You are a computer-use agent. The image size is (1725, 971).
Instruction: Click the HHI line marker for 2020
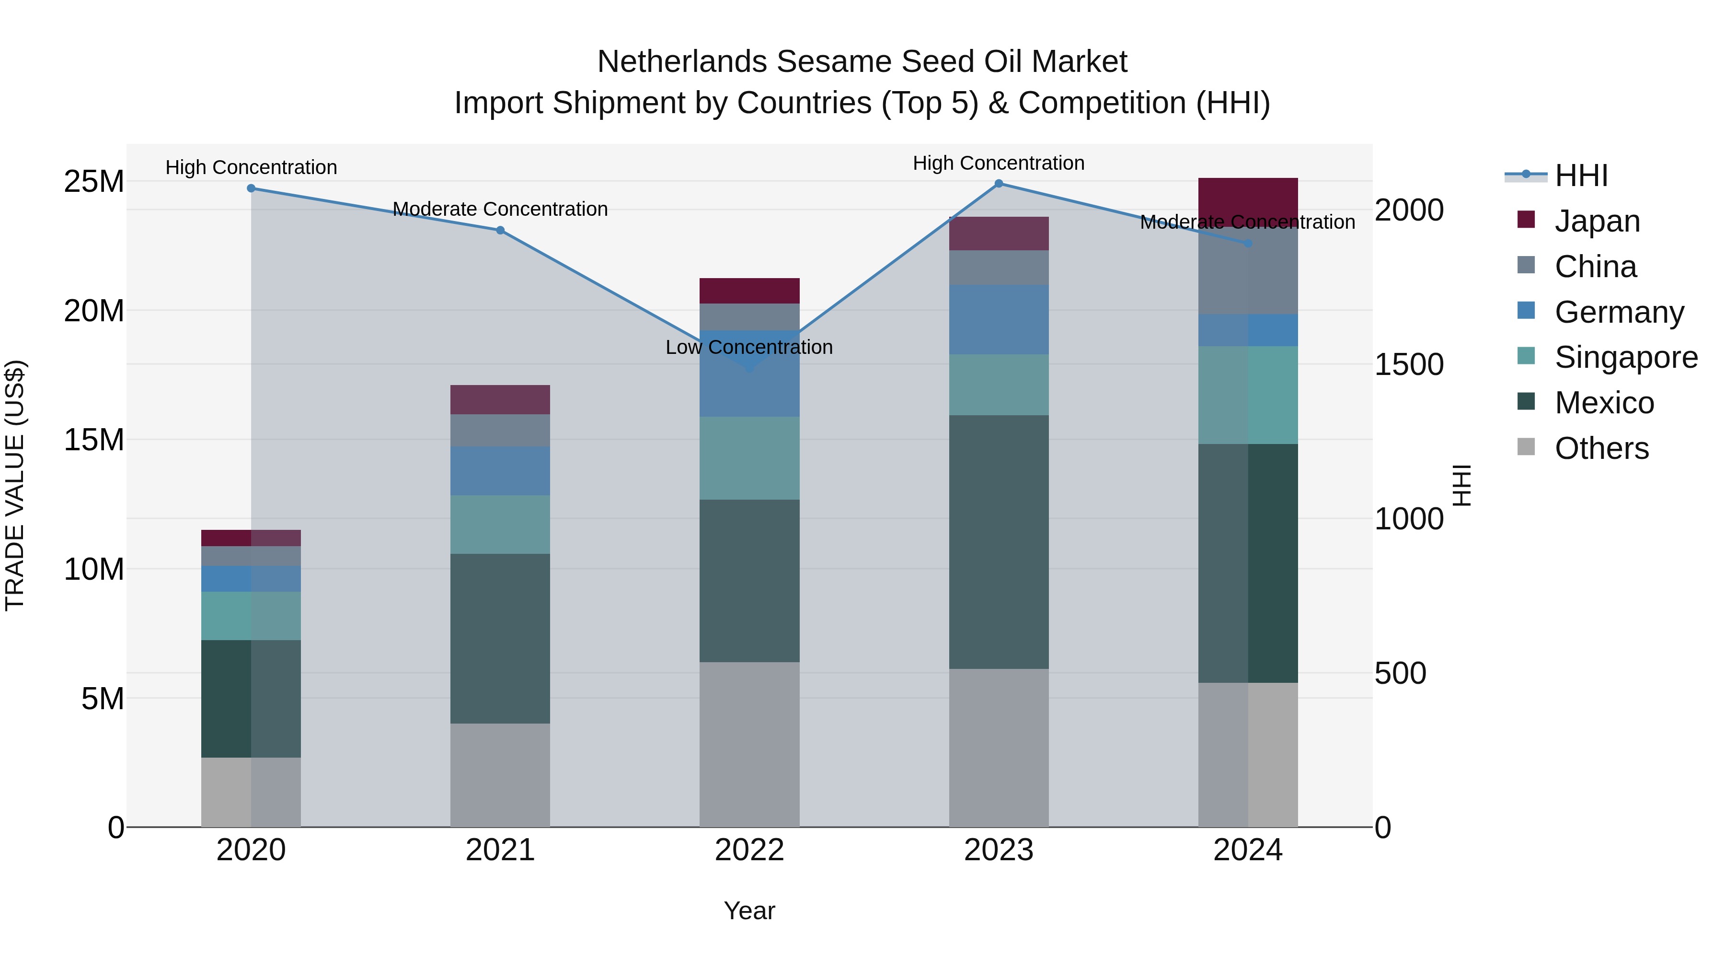pos(251,188)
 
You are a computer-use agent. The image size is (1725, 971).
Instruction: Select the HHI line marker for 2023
pos(999,184)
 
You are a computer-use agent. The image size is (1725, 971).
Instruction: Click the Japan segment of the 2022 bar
pos(749,291)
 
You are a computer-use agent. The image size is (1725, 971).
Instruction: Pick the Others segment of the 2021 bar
pos(500,775)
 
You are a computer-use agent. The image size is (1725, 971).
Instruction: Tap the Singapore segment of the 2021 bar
pos(500,524)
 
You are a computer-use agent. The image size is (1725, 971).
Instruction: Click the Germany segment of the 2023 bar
pos(999,320)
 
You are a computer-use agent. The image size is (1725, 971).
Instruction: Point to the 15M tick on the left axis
pos(94,440)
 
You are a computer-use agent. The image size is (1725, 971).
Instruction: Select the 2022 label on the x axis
pos(749,850)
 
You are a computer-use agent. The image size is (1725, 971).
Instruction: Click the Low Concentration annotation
pos(749,347)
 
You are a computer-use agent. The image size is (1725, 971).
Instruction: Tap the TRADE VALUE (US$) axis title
pos(15,485)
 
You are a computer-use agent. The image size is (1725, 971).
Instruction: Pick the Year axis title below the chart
pos(749,911)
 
